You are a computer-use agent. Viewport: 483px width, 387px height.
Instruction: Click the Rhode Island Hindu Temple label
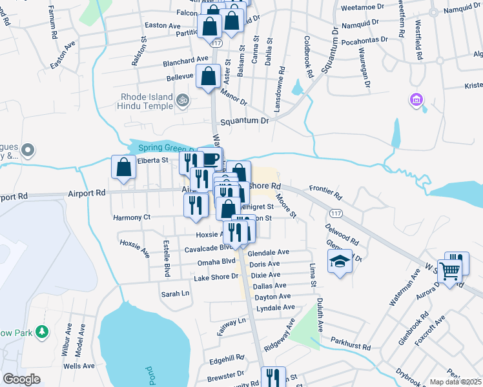pos(147,101)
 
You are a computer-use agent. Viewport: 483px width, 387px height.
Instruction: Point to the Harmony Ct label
pos(131,217)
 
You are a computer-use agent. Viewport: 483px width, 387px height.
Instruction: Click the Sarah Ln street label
pos(175,293)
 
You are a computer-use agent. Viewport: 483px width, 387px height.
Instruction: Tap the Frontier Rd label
pos(325,189)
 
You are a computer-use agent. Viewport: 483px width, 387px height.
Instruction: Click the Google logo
pos(21,379)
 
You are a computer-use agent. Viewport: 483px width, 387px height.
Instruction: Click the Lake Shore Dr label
pos(215,278)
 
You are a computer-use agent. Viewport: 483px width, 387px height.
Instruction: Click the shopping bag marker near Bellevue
pos(208,77)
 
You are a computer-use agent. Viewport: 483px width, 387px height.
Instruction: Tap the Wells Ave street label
pos(79,366)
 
